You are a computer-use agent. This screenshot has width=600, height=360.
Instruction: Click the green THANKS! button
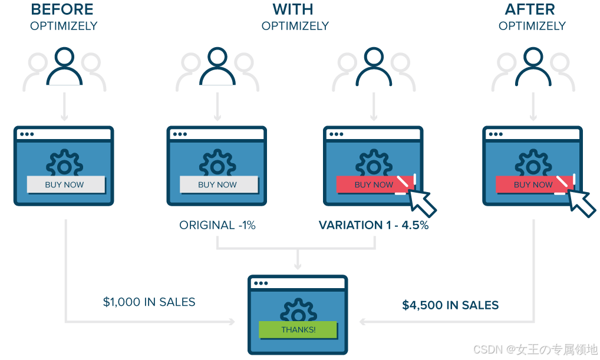click(298, 329)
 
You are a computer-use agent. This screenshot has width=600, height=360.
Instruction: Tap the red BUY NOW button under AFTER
click(533, 184)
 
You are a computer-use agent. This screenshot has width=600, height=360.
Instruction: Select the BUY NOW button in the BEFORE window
click(65, 184)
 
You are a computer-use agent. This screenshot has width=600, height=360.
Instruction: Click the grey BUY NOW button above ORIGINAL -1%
click(218, 184)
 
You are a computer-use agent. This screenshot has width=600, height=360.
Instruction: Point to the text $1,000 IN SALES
click(149, 302)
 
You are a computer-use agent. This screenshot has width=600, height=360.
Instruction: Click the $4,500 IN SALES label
click(450, 305)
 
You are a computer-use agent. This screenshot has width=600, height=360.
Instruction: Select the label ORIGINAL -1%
click(217, 225)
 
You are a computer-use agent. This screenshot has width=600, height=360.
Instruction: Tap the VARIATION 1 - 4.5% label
click(373, 225)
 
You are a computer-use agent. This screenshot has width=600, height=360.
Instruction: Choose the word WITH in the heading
click(292, 9)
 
